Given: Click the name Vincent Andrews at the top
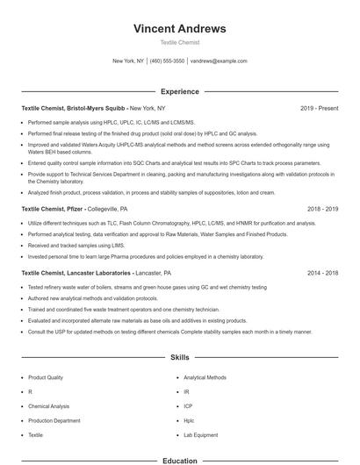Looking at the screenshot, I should (179, 28).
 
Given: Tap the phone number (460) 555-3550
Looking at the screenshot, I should (168, 61).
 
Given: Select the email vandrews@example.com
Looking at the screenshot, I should (219, 61).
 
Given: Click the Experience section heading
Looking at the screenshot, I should (179, 91).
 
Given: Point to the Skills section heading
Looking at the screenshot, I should (179, 358).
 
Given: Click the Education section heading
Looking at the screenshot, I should (179, 460).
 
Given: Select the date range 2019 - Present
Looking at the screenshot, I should (319, 108).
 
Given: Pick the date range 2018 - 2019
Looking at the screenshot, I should (322, 210).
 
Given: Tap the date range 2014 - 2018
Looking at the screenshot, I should (322, 273).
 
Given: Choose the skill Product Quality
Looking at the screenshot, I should (46, 376).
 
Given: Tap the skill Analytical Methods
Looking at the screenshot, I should (205, 376).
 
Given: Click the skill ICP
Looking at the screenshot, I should (188, 405).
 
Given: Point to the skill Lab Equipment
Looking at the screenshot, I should (200, 434).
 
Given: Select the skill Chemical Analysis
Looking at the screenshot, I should (49, 405).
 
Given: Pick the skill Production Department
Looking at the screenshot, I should (54, 420).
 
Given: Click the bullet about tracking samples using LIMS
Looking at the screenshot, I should (76, 247).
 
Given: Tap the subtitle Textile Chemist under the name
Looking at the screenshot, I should (179, 42).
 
